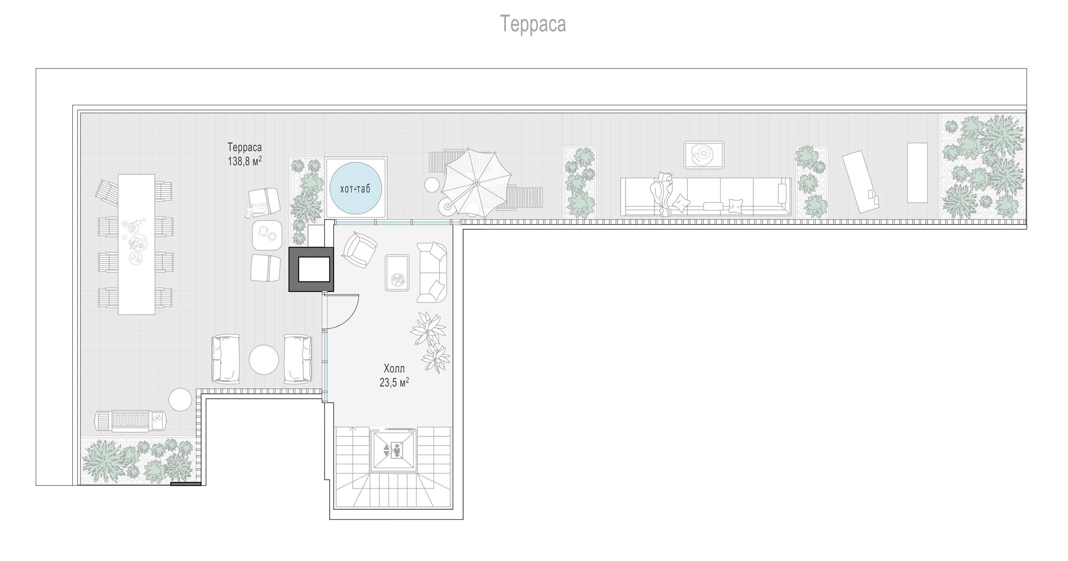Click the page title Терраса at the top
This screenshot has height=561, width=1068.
point(533,24)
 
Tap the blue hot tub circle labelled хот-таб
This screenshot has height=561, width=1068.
point(355,189)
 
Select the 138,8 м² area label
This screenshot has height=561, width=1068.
point(245,161)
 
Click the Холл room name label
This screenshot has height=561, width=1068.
point(394,369)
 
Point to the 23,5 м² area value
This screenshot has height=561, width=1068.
point(394,382)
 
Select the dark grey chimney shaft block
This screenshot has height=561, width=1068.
point(311,269)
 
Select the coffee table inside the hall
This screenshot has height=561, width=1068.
point(397,272)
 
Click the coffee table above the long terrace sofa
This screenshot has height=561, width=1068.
point(704,154)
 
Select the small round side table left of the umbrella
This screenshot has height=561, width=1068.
point(431,185)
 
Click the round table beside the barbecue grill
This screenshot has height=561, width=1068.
point(180,399)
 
